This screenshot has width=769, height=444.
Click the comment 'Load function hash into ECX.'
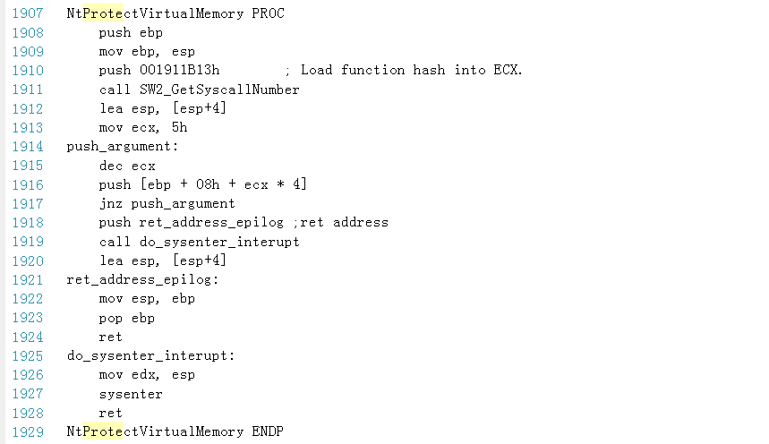pyautogui.click(x=411, y=70)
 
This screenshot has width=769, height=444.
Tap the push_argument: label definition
pyautogui.click(x=123, y=146)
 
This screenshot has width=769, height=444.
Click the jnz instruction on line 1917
pyautogui.click(x=111, y=203)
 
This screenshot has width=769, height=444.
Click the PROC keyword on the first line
pyautogui.click(x=268, y=13)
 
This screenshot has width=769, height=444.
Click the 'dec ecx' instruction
pyautogui.click(x=127, y=166)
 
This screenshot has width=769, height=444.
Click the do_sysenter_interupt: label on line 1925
pyautogui.click(x=151, y=355)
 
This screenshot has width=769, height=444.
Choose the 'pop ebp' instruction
pyautogui.click(x=127, y=318)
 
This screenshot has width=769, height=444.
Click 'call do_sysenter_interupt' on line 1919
pyautogui.click(x=199, y=242)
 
